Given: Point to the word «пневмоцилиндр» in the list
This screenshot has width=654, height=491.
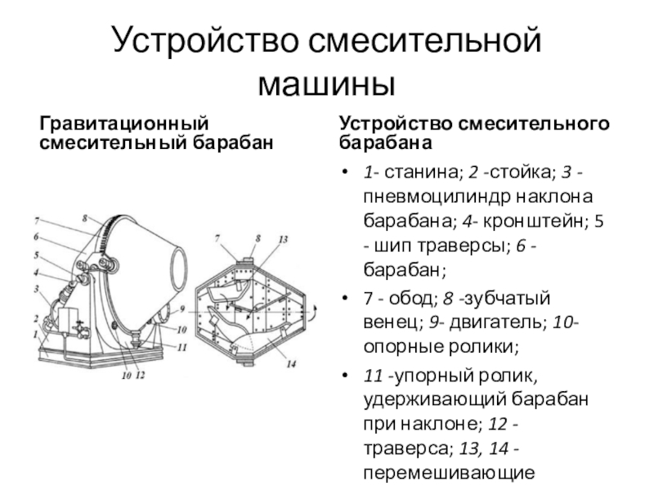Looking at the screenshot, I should tap(432, 196).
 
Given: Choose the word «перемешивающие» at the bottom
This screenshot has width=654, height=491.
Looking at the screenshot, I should tap(449, 473).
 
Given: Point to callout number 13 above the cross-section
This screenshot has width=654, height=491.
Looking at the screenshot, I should tap(283, 239).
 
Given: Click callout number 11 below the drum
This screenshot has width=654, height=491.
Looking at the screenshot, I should tap(181, 347).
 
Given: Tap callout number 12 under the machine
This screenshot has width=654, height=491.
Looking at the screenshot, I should tap(141, 376).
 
